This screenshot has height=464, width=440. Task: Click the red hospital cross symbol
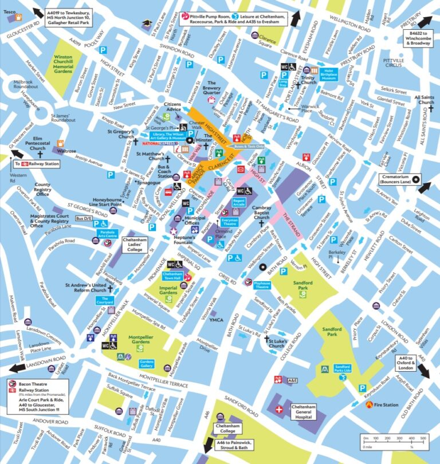point(280,410)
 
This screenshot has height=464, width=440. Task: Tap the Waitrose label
point(66,151)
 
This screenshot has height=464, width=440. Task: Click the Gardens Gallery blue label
point(147,363)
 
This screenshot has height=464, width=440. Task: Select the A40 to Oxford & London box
point(406,363)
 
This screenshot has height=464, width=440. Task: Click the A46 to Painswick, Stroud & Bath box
point(233,446)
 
